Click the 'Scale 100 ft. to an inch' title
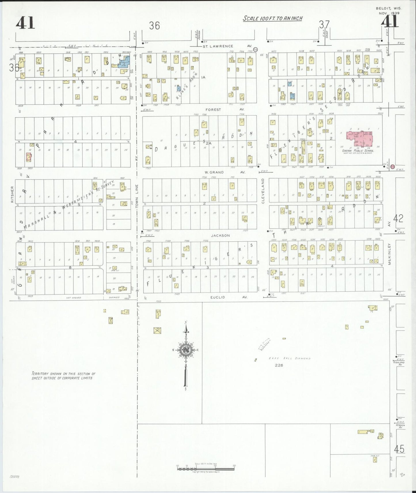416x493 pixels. [272, 18]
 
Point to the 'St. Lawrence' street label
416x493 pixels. [218, 46]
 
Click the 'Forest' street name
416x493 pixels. [213, 110]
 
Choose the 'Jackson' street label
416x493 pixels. [221, 236]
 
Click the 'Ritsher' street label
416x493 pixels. [12, 194]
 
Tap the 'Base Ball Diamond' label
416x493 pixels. [290, 358]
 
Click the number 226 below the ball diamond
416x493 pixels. [279, 365]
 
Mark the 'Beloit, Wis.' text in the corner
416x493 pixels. [389, 9]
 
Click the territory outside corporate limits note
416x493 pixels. [63, 376]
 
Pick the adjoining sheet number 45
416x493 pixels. [399, 449]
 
